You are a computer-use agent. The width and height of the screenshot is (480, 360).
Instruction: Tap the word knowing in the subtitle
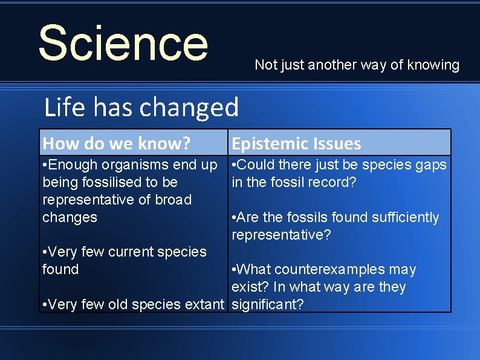(433, 65)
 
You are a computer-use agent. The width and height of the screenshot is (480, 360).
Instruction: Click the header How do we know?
(117, 143)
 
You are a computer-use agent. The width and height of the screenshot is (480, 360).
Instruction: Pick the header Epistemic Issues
(296, 143)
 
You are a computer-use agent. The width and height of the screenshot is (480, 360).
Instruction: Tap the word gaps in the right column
(432, 165)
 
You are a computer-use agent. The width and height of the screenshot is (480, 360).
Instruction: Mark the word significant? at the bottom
(268, 304)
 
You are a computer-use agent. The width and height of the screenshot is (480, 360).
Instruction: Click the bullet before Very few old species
(45, 305)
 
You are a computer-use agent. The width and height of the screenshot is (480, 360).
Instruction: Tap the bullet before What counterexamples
(235, 270)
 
